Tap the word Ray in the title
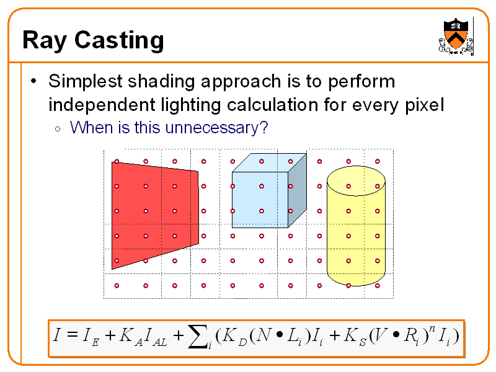[x=43, y=41]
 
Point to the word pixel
[x=423, y=105]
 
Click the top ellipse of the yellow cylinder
[x=356, y=179]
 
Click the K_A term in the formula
[x=126, y=337]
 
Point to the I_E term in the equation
[x=91, y=337]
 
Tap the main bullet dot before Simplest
[x=34, y=81]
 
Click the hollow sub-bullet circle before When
[x=57, y=129]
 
